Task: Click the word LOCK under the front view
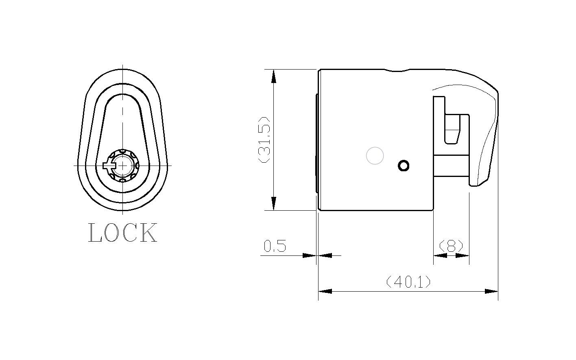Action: click(x=122, y=233)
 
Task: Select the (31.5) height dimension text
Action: click(x=265, y=140)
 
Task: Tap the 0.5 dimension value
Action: click(x=275, y=246)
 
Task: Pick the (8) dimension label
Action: click(x=451, y=246)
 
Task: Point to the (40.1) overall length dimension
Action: click(x=408, y=281)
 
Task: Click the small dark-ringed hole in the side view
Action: click(x=404, y=166)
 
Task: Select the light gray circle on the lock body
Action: click(x=375, y=156)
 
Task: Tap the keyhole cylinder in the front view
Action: click(x=123, y=166)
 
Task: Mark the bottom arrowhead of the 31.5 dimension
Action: click(x=274, y=203)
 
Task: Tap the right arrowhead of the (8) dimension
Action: click(x=463, y=255)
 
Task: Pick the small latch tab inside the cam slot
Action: click(x=452, y=129)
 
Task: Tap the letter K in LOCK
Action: click(x=149, y=233)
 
